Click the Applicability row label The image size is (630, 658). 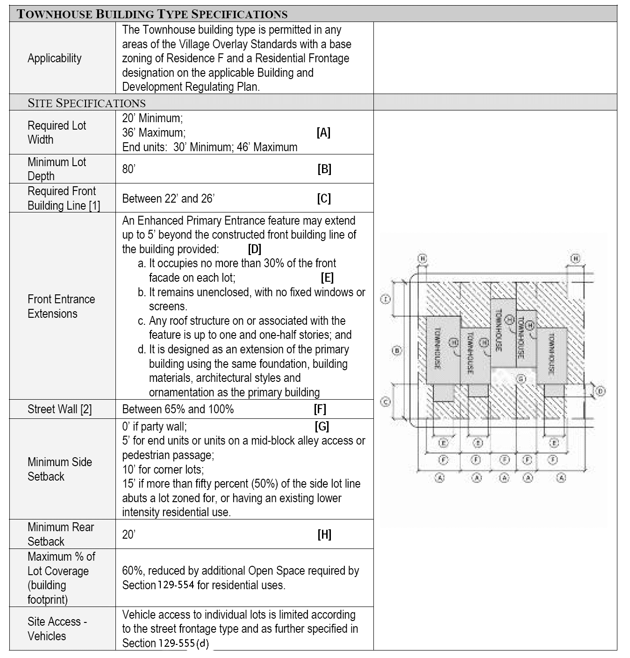54,58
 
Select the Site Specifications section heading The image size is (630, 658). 86,103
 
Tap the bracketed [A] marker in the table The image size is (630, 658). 323,132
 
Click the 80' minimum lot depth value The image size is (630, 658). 129,169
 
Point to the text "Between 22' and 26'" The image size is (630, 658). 168,198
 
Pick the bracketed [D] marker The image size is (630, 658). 254,249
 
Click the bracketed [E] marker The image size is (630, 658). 327,278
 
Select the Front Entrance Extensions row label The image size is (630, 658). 61,306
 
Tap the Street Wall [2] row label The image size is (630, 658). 59,409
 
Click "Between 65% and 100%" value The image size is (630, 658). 178,409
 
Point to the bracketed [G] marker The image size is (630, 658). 322,426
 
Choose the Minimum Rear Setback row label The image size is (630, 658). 61,534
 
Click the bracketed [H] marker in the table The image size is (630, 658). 324,534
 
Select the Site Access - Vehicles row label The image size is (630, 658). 57,629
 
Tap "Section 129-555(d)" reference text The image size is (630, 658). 165,643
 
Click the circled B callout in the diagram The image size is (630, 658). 396,350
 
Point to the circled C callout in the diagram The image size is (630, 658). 386,402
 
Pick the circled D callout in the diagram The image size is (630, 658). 601,391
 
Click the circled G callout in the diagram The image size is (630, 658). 522,378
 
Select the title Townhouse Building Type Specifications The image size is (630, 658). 152,14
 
